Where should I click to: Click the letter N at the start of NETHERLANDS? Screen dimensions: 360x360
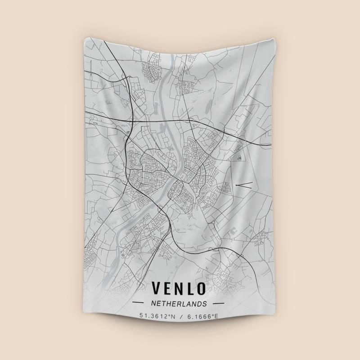point(154,303)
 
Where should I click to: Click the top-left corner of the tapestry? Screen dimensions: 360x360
point(85,39)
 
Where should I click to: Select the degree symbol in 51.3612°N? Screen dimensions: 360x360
point(168,315)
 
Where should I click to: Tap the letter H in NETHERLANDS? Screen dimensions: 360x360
point(169,303)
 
